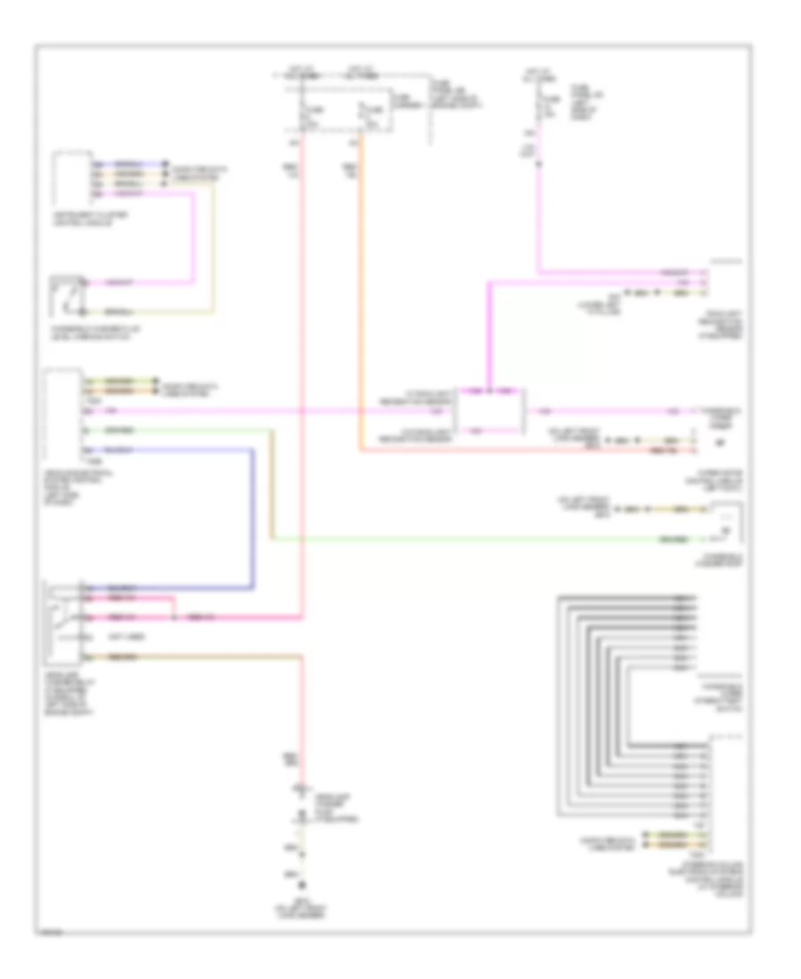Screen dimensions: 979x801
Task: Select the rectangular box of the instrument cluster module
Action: tap(71, 178)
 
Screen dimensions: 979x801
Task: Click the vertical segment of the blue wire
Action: tap(254, 516)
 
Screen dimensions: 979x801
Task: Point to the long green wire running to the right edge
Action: tap(489, 539)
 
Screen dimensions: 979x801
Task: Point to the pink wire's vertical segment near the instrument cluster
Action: tap(193, 240)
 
